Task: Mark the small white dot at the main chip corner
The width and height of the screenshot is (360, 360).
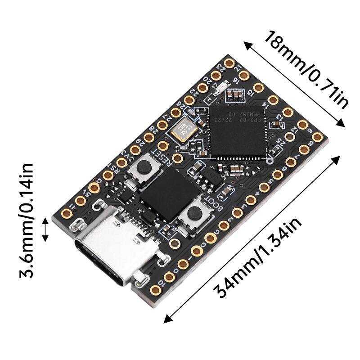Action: click(270, 161)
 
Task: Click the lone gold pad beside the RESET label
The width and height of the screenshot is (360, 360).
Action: click(177, 157)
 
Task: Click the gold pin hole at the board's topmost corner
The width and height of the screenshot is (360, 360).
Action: click(229, 61)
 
